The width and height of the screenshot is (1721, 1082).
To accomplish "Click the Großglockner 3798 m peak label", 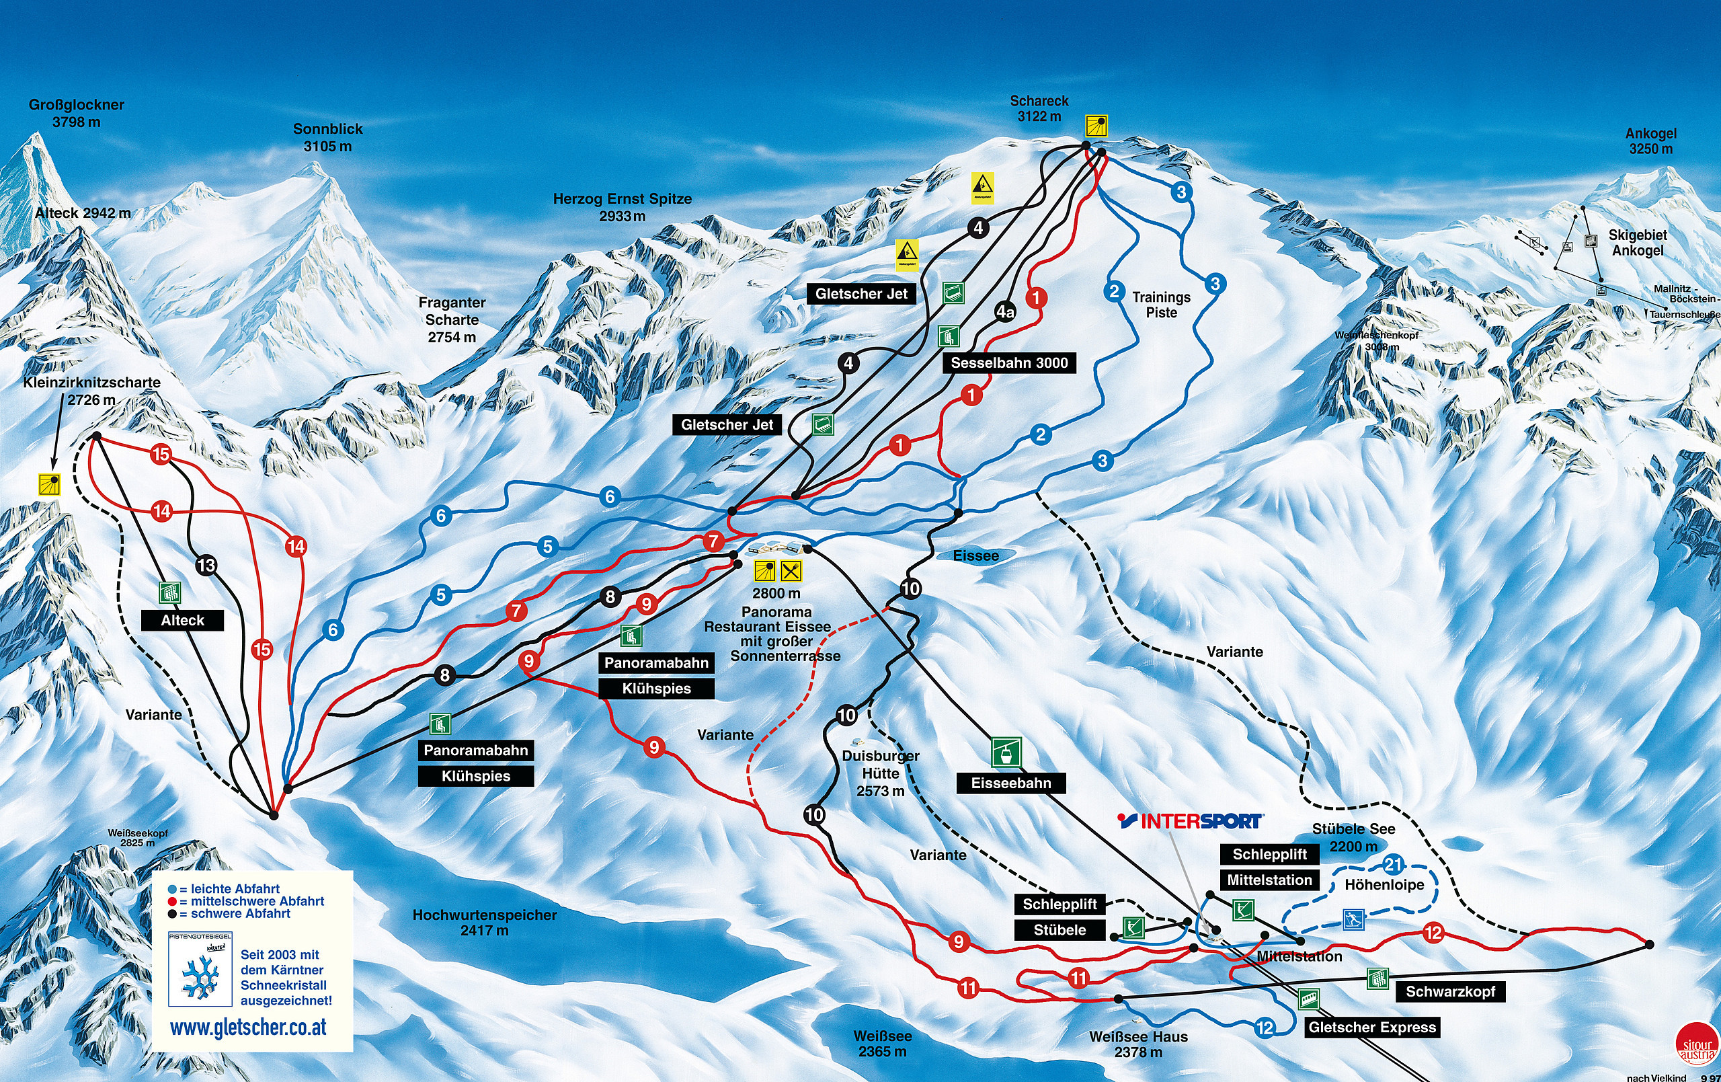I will pyautogui.click(x=76, y=113).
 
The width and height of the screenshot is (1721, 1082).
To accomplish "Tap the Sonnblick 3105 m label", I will pyautogui.click(x=327, y=137).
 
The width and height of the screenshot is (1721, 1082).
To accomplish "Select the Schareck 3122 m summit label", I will pyautogui.click(x=1039, y=108).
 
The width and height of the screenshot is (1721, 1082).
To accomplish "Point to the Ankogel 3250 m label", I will pyautogui.click(x=1650, y=141).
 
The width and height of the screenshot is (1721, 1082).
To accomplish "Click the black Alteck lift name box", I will pyautogui.click(x=182, y=620).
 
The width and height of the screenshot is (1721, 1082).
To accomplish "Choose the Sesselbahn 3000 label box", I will pyautogui.click(x=1008, y=362).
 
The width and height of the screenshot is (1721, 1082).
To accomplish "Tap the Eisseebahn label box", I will pyautogui.click(x=1010, y=782).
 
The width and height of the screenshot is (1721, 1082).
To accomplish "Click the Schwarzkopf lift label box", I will pyautogui.click(x=1449, y=991).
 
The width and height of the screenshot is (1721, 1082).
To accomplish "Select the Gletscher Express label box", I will pyautogui.click(x=1371, y=1027).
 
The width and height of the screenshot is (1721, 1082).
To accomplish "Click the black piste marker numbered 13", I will pyautogui.click(x=206, y=565).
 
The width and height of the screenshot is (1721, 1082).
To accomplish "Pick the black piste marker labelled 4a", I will pyautogui.click(x=1005, y=311).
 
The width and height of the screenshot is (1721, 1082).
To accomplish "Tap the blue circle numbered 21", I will pyautogui.click(x=1392, y=865).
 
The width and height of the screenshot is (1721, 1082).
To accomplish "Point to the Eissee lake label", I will pyautogui.click(x=975, y=555).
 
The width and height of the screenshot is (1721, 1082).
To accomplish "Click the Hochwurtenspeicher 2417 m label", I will pyautogui.click(x=484, y=922).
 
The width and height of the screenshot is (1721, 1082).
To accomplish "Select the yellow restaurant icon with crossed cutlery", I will pyautogui.click(x=791, y=570).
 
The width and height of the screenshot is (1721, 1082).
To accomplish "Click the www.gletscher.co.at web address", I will pyautogui.click(x=248, y=1028).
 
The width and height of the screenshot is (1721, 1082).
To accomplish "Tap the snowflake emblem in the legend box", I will pyautogui.click(x=200, y=977).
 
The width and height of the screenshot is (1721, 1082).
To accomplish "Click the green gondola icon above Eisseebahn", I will pyautogui.click(x=1006, y=752).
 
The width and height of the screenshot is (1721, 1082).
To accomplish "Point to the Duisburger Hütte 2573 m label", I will pyautogui.click(x=880, y=773).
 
